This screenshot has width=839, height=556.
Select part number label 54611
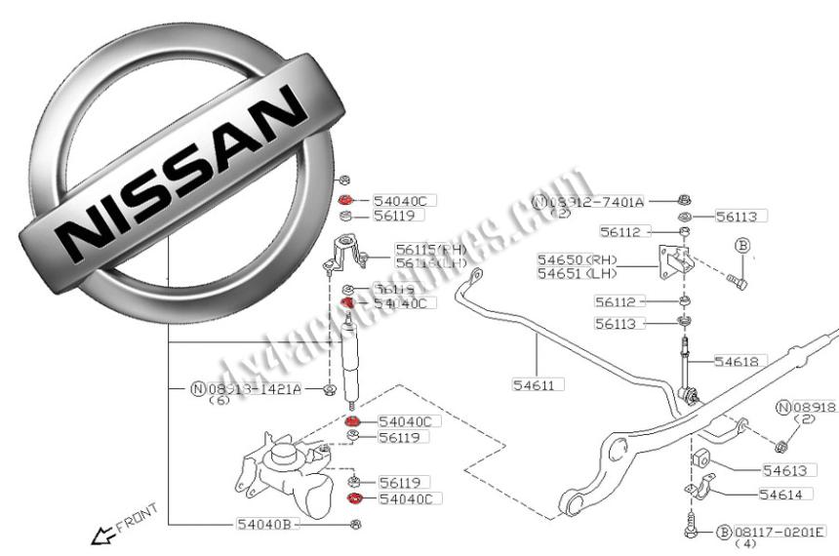[534, 384]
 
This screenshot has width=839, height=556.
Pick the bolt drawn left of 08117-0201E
[691, 527]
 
